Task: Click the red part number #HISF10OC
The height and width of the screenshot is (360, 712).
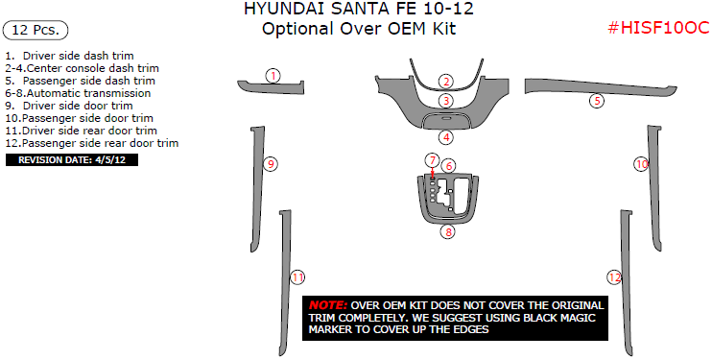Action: (x=658, y=28)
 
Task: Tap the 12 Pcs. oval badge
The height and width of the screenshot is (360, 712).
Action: (x=36, y=31)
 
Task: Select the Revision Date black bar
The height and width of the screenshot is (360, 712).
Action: (x=72, y=160)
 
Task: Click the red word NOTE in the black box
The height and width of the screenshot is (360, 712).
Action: (x=328, y=305)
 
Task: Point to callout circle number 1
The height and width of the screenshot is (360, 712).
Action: (x=273, y=76)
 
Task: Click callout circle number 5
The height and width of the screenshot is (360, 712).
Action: (x=597, y=101)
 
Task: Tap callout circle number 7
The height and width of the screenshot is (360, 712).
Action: (x=432, y=160)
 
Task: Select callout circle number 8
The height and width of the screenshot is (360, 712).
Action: (x=448, y=231)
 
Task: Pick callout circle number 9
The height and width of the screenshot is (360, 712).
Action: (x=271, y=164)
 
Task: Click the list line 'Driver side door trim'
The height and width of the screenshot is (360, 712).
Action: (x=69, y=106)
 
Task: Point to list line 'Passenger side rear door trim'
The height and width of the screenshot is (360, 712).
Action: (x=92, y=143)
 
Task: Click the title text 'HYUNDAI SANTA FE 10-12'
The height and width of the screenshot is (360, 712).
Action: (x=359, y=9)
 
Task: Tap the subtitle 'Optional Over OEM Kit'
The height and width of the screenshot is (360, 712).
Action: (x=359, y=29)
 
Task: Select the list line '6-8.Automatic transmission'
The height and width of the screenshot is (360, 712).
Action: (x=78, y=93)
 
